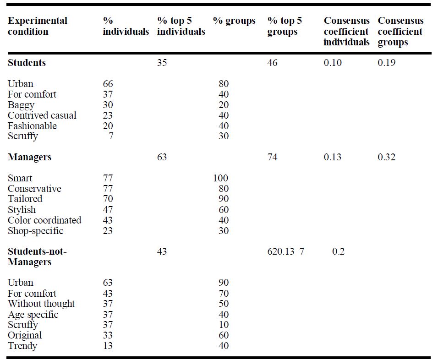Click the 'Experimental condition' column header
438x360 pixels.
[38, 26]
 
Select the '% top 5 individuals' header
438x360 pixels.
[181, 26]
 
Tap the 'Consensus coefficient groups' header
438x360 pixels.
[400, 31]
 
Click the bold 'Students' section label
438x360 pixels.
[27, 63]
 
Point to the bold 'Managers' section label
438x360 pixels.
[29, 157]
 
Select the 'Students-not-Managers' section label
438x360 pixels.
[37, 256]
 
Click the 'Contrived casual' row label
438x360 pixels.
[42, 115]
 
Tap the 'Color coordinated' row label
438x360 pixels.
[44, 220]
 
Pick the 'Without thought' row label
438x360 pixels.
[41, 304]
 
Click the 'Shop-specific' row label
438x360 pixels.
[35, 231]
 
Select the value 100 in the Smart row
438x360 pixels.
[221, 178]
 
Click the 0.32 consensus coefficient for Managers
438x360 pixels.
[387, 157]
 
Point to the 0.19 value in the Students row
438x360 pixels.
[387, 63]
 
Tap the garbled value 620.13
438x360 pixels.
[281, 251]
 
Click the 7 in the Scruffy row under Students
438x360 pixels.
[111, 136]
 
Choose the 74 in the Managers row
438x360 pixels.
[272, 157]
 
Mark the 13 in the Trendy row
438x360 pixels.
[108, 346]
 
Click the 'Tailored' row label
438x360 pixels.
[25, 199]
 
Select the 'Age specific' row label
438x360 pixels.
[33, 315]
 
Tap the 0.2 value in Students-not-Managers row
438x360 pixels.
[338, 251]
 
